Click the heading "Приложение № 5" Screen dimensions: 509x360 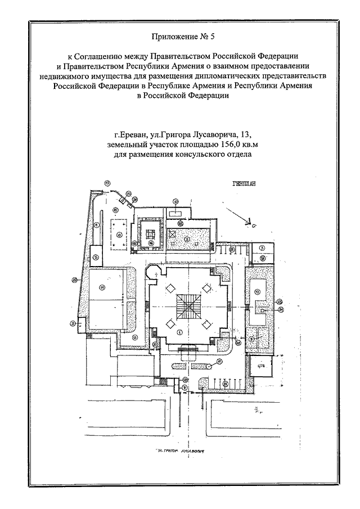[x=180, y=38]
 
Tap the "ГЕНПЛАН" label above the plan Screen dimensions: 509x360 [x=242, y=183]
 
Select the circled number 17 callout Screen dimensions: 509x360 [x=107, y=183]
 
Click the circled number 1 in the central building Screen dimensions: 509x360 [x=179, y=332]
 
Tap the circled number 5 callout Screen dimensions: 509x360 [x=96, y=257]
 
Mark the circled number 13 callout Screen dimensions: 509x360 [x=257, y=291]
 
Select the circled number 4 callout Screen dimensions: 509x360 [x=97, y=224]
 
